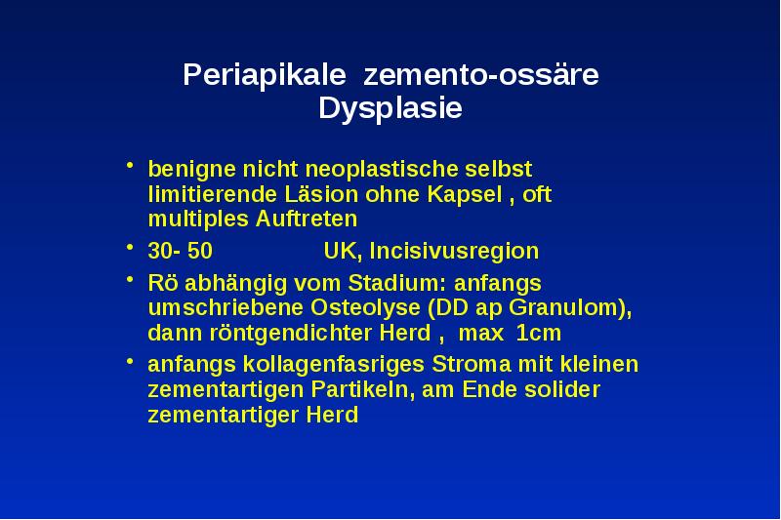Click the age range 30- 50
coord(180,251)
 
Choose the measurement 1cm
coord(539,332)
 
